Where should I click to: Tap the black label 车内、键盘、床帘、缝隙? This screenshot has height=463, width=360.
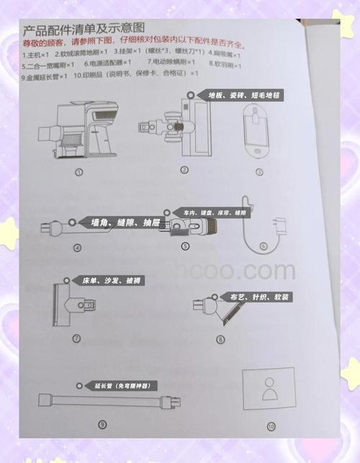click(x=214, y=213)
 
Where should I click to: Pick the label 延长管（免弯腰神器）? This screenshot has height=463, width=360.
click(x=117, y=386)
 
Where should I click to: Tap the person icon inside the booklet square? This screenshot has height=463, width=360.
click(x=270, y=390)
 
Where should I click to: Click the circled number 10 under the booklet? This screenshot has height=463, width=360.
click(x=271, y=426)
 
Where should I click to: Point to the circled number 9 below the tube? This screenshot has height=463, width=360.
click(x=102, y=425)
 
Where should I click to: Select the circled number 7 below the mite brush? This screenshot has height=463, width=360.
click(x=76, y=338)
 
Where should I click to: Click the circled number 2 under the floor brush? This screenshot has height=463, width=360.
click(x=184, y=171)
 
